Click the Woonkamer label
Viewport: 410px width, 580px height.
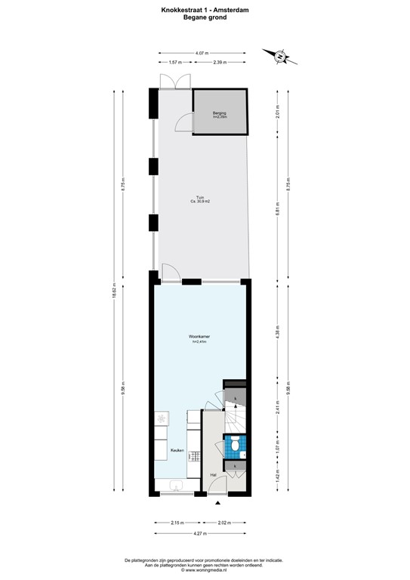(x=199, y=338)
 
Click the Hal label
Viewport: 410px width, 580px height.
(x=214, y=474)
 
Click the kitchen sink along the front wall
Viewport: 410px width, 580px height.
(x=175, y=486)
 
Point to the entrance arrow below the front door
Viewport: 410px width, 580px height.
(x=218, y=503)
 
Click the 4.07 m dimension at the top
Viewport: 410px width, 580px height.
(x=201, y=53)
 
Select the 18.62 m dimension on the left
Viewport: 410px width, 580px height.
(x=114, y=295)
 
